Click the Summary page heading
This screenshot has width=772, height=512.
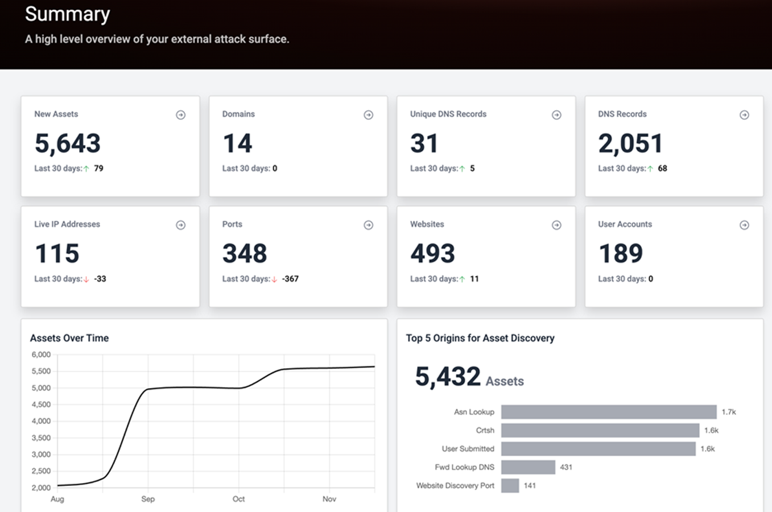pos(67,14)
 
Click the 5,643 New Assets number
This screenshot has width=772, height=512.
pos(68,143)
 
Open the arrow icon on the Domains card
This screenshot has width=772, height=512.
pos(369,115)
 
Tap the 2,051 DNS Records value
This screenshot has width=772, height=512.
pos(630,143)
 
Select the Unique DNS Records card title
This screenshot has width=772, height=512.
pos(448,114)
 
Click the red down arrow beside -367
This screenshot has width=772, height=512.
pos(274,279)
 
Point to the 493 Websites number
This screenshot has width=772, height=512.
pos(432,254)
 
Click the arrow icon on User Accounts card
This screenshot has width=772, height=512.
pos(744,225)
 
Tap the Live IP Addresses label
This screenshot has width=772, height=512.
pos(67,224)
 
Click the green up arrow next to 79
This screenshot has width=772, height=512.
pos(86,169)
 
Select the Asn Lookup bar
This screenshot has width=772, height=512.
pos(608,412)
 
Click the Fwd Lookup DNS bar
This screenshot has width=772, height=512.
pos(528,467)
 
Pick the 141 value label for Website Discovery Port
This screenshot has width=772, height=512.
pos(530,486)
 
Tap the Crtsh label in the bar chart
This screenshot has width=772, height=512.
pos(485,430)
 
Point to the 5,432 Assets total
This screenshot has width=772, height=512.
pos(469,377)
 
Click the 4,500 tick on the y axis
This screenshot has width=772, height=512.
pos(41,404)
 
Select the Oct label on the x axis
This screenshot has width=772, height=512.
pos(238,499)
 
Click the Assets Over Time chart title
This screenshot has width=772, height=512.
pos(69,338)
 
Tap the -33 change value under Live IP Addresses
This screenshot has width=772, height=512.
pos(100,279)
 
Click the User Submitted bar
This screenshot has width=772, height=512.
pos(598,449)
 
